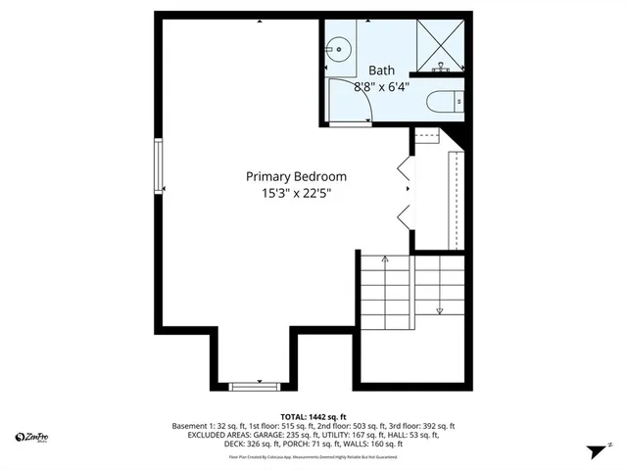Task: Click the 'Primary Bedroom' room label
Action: [x=295, y=176]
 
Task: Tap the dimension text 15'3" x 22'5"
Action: [x=295, y=193]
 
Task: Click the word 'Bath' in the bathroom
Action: [x=381, y=70]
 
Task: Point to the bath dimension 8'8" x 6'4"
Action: [x=381, y=86]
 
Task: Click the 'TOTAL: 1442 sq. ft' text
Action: [x=314, y=416]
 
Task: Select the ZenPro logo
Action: [x=33, y=437]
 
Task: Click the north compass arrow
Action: [x=594, y=451]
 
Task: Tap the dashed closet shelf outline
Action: [x=454, y=196]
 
